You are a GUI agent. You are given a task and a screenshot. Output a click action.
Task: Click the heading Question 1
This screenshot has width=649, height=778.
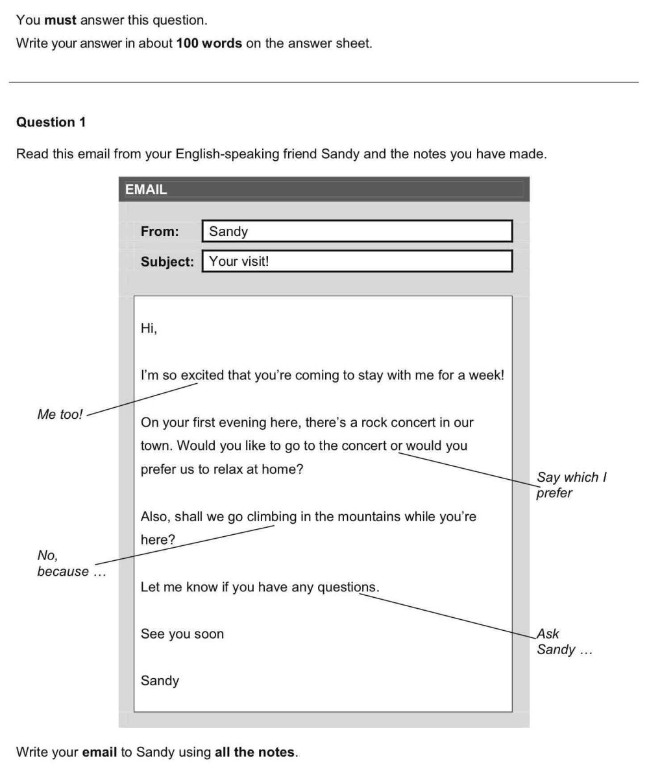51,122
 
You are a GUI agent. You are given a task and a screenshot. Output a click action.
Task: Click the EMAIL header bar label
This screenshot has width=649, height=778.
146,189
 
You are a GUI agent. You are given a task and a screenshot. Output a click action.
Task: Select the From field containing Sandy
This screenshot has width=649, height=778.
357,231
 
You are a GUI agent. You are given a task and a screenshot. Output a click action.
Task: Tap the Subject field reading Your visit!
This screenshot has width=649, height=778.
357,261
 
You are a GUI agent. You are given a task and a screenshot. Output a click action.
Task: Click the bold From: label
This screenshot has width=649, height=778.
160,231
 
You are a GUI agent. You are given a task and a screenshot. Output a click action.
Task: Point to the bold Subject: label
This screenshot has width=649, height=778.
167,261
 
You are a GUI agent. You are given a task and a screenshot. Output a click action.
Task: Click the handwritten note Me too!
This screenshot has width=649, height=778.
60,415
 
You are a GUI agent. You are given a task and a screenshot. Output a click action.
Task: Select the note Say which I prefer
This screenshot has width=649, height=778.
570,485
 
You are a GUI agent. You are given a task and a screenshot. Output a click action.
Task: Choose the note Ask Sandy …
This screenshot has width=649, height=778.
563,642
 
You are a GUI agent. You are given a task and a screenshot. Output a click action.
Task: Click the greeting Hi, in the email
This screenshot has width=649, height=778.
149,328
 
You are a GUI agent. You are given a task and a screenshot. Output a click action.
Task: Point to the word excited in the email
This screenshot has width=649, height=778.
202,375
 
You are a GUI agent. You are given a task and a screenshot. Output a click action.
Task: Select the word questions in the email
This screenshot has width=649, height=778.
347,587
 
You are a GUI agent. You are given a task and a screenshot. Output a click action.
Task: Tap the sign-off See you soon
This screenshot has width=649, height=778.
182,634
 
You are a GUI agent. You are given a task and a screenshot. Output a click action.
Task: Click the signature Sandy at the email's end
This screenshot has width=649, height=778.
160,681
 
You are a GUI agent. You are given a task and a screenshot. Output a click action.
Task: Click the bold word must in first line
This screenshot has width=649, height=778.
60,20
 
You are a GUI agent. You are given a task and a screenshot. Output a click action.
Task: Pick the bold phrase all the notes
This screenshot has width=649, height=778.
254,753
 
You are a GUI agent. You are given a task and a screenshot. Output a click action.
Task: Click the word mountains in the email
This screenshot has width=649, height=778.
370,517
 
